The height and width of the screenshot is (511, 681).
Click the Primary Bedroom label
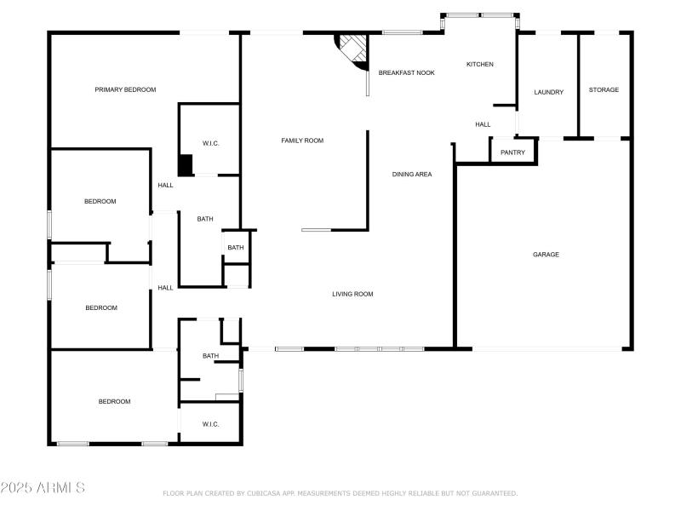(x=125, y=89)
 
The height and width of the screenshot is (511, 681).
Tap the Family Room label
(x=302, y=141)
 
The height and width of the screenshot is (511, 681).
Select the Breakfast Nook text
(x=406, y=73)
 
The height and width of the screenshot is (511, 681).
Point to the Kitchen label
(x=479, y=65)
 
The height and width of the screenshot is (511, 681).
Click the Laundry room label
(x=548, y=92)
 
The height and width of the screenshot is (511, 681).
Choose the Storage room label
(x=604, y=90)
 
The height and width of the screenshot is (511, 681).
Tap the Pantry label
(x=512, y=153)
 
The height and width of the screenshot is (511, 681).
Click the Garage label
(x=546, y=255)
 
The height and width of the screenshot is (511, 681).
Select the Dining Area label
(x=412, y=175)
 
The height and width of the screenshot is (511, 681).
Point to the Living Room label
(x=352, y=295)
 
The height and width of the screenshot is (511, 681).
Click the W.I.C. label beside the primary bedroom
(x=210, y=143)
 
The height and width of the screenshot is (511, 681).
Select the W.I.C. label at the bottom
(x=210, y=424)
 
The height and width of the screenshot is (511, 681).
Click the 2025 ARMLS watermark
(x=43, y=488)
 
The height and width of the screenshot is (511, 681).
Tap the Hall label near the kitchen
(x=483, y=125)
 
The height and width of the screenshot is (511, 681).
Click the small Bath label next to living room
(x=236, y=248)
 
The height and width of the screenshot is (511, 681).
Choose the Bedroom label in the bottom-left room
(x=114, y=402)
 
